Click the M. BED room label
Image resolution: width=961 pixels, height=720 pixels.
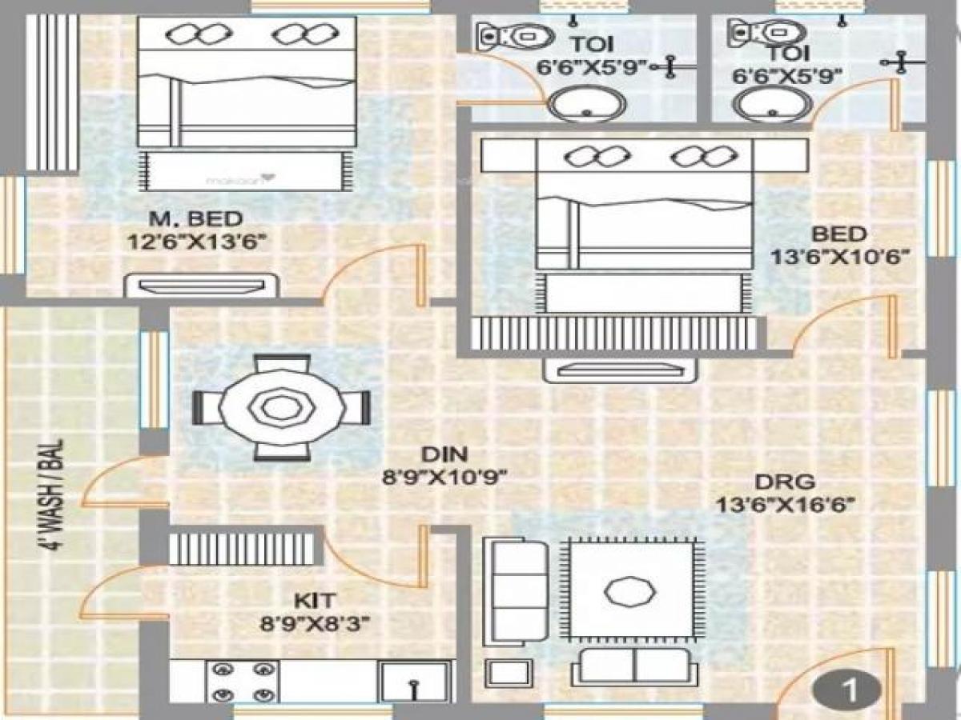(x=196, y=218)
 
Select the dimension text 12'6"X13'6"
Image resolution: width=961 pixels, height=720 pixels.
(x=196, y=241)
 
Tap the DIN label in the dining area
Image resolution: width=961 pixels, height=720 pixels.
(x=444, y=455)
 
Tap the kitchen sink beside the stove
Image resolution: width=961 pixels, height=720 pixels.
(x=413, y=682)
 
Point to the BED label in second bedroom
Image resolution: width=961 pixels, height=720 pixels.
(x=838, y=234)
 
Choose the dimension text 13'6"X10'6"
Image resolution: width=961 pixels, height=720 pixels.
(x=838, y=257)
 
